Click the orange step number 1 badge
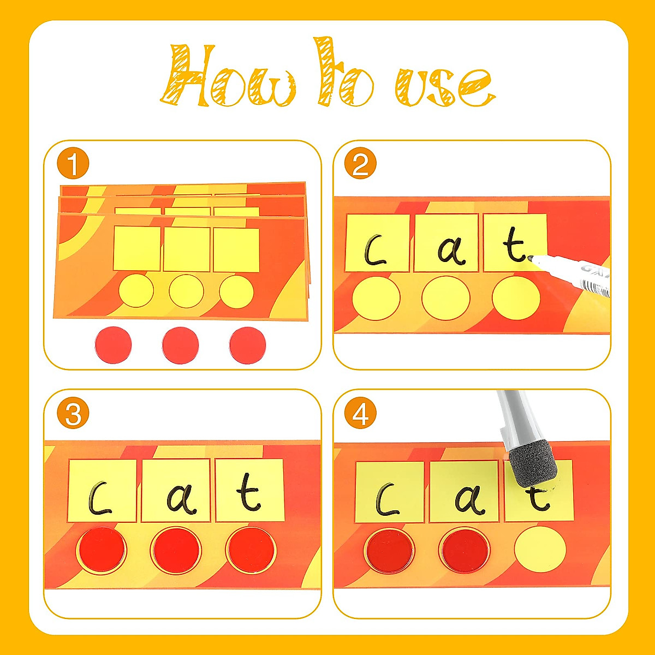coord(73,164)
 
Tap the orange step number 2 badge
coord(360,164)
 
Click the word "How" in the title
coord(229,76)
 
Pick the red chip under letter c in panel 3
coord(102,550)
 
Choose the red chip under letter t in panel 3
coord(251,550)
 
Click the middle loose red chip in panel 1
coord(181,345)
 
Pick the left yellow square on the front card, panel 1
coord(137,249)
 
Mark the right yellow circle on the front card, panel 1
coord(236,291)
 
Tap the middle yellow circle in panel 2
coord(445,299)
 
